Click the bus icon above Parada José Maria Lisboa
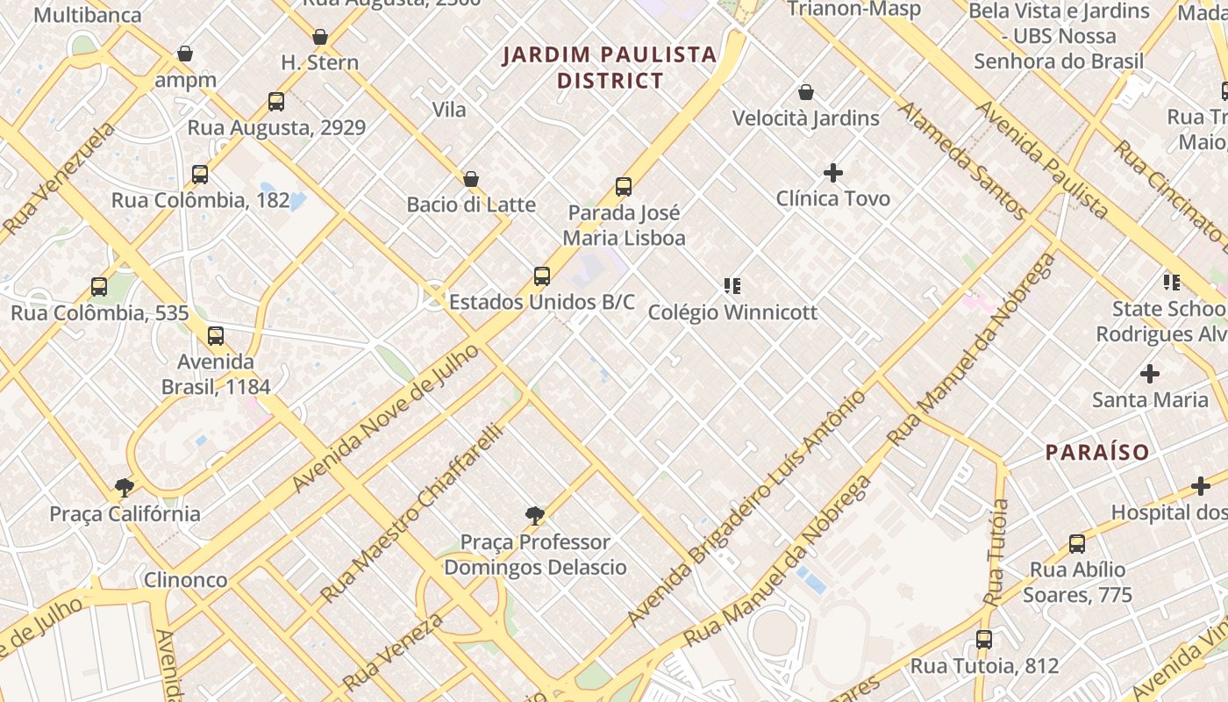click(624, 187)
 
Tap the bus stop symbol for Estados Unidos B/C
click(542, 276)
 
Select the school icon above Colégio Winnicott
click(732, 286)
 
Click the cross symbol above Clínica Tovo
click(833, 173)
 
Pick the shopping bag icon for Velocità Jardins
click(806, 92)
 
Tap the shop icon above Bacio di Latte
click(471, 179)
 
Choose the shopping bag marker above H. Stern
click(320, 37)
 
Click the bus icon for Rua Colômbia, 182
click(200, 175)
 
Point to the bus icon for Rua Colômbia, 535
click(99, 287)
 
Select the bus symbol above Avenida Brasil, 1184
click(216, 336)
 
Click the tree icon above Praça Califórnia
click(125, 488)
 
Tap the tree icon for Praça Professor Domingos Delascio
click(535, 516)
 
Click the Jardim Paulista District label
click(610, 68)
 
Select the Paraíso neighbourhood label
click(1097, 453)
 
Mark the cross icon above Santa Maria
click(1150, 374)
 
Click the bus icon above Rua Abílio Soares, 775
click(1077, 544)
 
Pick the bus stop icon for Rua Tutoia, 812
click(984, 640)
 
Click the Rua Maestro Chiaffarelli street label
click(412, 514)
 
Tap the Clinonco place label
click(185, 580)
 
